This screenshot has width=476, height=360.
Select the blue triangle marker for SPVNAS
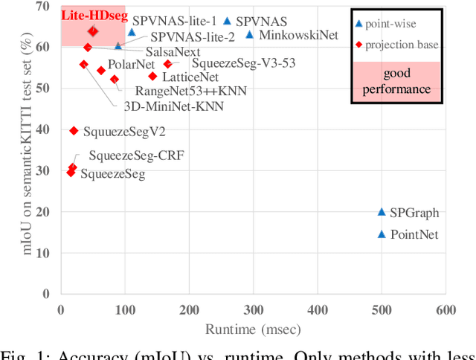[227, 22]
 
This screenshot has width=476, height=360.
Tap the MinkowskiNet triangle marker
[249, 35]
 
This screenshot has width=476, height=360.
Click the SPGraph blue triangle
[382, 212]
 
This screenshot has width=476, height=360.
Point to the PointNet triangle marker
[382, 234]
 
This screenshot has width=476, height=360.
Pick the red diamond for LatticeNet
[152, 76]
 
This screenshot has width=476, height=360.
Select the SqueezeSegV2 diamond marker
[74, 131]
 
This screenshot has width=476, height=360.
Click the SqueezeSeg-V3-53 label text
[243, 63]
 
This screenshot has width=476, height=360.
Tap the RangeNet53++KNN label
[190, 91]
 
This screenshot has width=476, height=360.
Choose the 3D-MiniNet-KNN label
[173, 106]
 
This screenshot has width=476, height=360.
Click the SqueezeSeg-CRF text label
[136, 156]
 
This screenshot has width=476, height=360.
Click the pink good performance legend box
[396, 82]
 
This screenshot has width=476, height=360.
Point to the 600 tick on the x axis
[446, 309]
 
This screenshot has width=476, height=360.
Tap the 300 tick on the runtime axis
[254, 309]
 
